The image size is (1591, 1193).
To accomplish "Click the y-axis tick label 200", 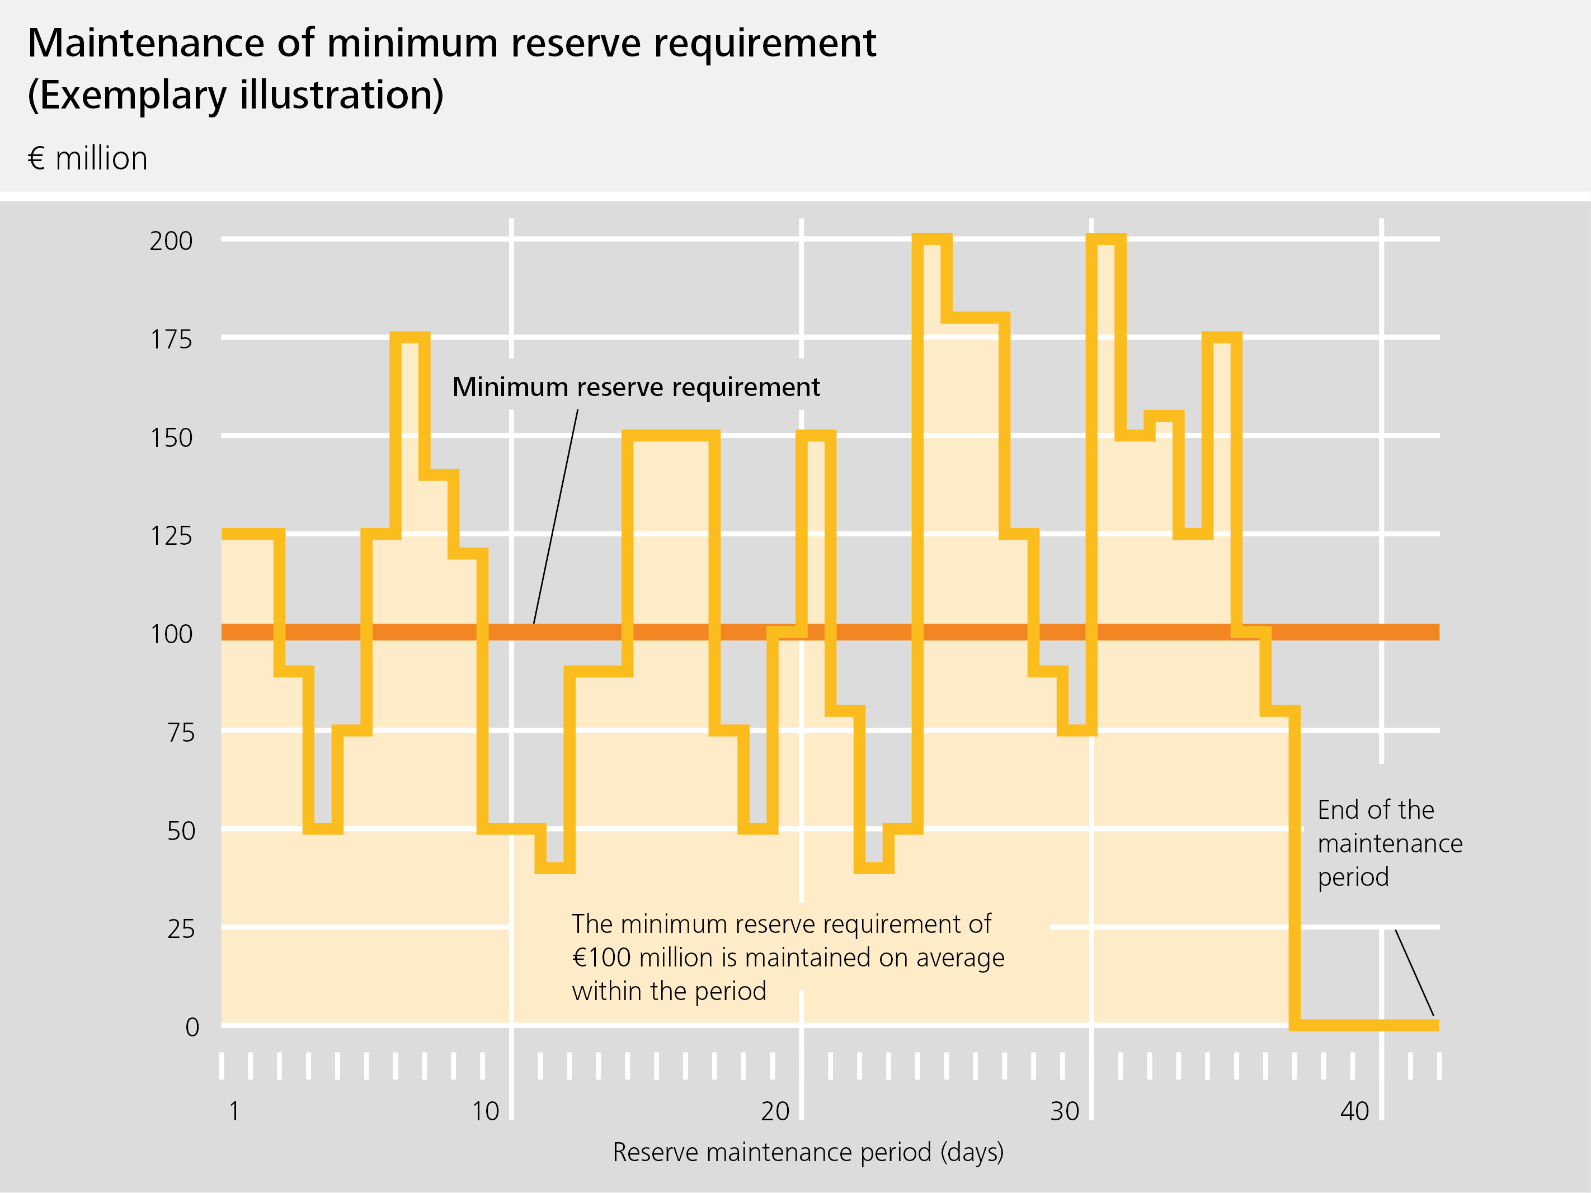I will (171, 241).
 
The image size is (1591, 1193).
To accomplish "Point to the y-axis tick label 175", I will (171, 339).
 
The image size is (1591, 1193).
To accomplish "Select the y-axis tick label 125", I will (171, 536).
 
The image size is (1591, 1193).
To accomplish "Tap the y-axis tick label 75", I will (181, 733).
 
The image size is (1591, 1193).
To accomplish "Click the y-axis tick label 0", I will (192, 1027).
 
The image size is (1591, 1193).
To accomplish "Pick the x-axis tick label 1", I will (234, 1111).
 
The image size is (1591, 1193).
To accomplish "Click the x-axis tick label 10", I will (486, 1111).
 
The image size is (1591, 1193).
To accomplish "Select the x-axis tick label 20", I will (775, 1111).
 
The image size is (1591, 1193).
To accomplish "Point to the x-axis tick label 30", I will (1065, 1111).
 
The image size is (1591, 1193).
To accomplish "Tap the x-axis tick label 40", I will (1354, 1111).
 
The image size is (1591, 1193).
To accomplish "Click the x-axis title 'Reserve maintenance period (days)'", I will (808, 1152).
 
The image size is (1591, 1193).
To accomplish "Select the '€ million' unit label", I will (88, 158).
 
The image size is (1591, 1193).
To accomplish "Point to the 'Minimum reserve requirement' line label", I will (636, 387).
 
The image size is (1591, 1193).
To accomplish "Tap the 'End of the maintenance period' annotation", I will (1389, 843).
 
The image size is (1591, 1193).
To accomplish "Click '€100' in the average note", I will (601, 958).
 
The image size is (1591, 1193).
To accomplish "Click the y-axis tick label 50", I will (181, 831).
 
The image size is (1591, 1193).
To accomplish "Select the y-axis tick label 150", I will (171, 438).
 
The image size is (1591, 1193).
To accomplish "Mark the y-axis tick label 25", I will (181, 929).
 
